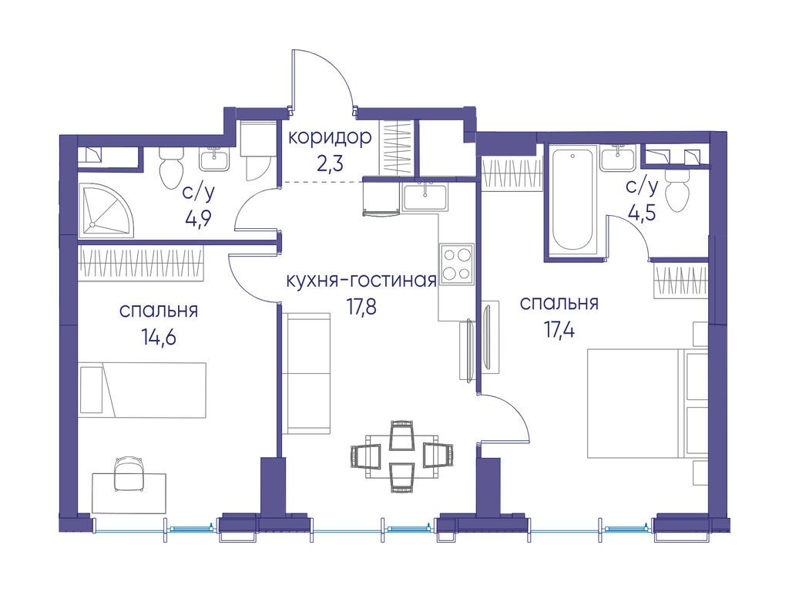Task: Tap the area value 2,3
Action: tap(331, 163)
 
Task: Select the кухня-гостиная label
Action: tap(361, 281)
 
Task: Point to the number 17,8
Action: tap(361, 307)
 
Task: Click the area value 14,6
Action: tap(159, 337)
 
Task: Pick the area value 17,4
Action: tap(559, 330)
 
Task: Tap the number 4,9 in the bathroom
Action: tap(198, 218)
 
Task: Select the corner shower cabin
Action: tap(106, 210)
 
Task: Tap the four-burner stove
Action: tap(457, 263)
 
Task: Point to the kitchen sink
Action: tap(425, 197)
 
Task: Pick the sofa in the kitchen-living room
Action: tap(306, 373)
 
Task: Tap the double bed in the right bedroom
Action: tap(648, 404)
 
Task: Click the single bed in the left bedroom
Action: tap(143, 389)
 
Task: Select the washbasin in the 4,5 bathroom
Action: tap(619, 157)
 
